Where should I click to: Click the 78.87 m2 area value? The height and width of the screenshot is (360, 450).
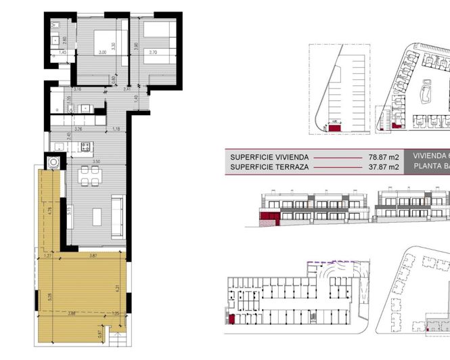(x=381, y=156)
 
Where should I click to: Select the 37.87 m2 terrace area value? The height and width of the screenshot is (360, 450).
(x=381, y=166)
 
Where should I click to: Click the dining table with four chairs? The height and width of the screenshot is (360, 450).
(x=90, y=176)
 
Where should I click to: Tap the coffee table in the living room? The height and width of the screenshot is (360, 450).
(x=97, y=217)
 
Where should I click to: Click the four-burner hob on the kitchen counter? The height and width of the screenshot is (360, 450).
(x=86, y=146)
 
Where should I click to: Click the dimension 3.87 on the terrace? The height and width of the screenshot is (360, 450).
(x=94, y=256)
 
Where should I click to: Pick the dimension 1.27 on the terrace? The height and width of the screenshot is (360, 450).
(x=47, y=256)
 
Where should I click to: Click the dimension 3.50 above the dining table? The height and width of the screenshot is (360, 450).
(x=97, y=161)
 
